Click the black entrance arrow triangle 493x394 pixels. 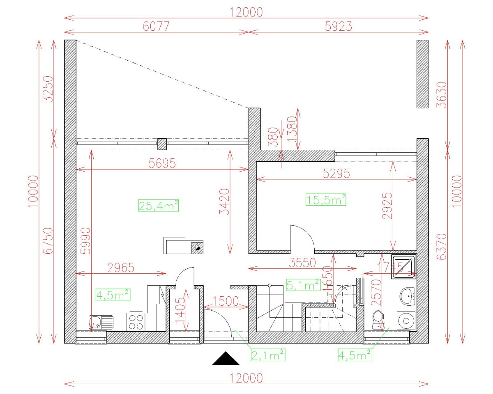(226, 360)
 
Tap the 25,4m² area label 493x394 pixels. (159, 205)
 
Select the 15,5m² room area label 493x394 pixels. (326, 199)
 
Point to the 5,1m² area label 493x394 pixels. (303, 284)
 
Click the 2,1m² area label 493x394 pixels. (268, 355)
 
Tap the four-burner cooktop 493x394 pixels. (136, 322)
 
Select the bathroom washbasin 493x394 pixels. (407, 296)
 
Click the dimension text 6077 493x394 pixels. (156, 27)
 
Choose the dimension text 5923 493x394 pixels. (338, 27)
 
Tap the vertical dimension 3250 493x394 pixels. (48, 89)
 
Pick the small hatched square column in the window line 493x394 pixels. (162, 144)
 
